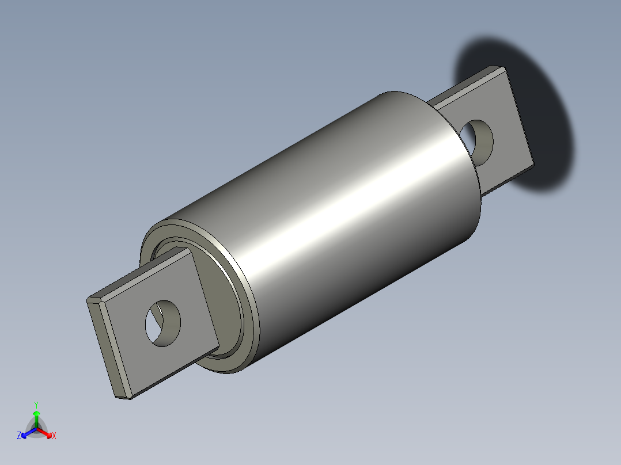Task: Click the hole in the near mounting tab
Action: pyautogui.click(x=162, y=322)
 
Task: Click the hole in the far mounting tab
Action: pyautogui.click(x=479, y=140)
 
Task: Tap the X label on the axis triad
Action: pyautogui.click(x=54, y=436)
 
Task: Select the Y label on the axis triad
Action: pyautogui.click(x=36, y=405)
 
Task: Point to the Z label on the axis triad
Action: pyautogui.click(x=19, y=436)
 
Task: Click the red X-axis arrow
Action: pyautogui.click(x=46, y=432)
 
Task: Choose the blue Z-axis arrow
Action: pyautogui.click(x=27, y=432)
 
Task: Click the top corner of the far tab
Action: pyautogui.click(x=502, y=68)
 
